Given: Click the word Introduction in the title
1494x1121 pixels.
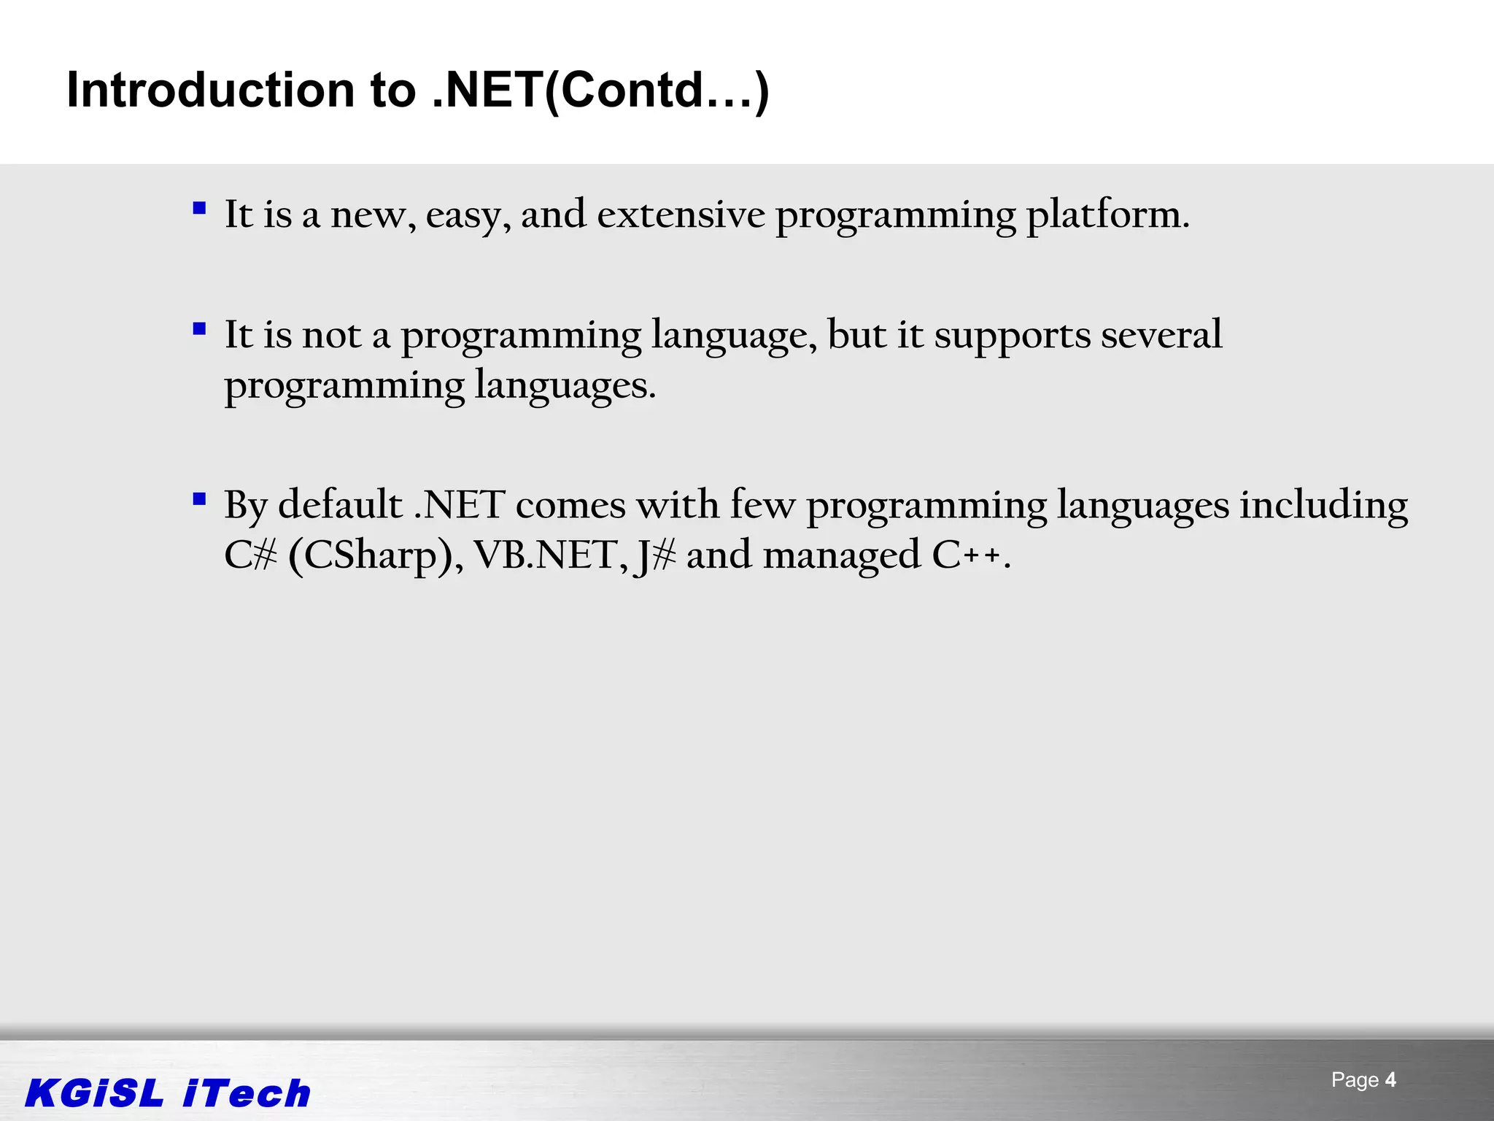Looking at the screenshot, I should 211,90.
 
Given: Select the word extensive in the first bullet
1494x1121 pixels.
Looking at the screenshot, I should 681,215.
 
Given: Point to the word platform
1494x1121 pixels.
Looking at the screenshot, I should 1107,216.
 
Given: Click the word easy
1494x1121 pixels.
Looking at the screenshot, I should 468,216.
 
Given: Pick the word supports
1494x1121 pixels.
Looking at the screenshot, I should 1012,336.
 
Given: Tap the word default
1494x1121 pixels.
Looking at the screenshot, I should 340,504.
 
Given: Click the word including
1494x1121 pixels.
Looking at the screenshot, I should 1323,506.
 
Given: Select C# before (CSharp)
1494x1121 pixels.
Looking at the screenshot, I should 250,555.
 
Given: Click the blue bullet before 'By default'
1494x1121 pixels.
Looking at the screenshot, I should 199,499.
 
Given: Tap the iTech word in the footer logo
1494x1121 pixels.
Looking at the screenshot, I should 247,1093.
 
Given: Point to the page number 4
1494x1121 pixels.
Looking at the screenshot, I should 1390,1079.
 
